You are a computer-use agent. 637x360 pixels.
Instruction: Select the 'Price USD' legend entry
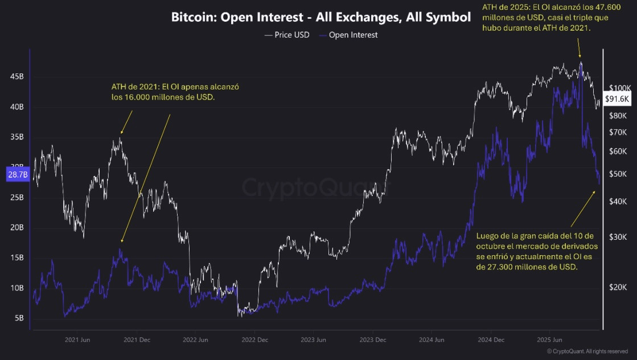(288, 35)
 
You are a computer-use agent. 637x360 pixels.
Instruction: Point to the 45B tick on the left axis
(17, 76)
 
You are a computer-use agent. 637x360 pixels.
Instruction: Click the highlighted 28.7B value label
(17, 175)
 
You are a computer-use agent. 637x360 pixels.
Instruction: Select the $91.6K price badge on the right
(617, 99)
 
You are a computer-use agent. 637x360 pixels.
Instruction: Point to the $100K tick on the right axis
(619, 88)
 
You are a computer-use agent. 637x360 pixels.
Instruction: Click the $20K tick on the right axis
(618, 288)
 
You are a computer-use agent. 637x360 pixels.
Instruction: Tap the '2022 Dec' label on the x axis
(255, 340)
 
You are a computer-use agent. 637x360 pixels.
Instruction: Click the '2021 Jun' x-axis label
(78, 340)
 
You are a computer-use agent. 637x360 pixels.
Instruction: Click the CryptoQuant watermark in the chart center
(309, 187)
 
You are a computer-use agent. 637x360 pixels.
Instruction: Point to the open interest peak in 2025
(581, 64)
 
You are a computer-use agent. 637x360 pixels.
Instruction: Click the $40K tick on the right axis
(618, 202)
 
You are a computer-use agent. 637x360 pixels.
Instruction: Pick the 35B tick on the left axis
(17, 137)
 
